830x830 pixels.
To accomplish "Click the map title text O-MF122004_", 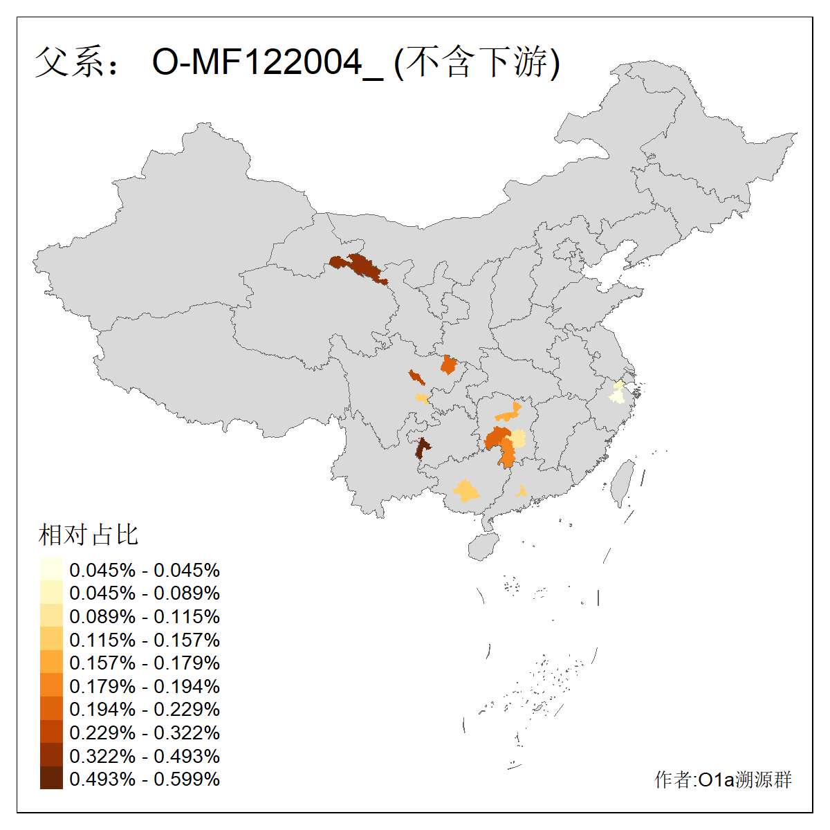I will click(x=266, y=63).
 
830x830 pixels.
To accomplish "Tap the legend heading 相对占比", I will click(x=89, y=535).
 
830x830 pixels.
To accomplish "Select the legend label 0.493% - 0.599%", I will click(x=145, y=780).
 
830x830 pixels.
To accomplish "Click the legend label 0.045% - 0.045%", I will click(x=145, y=571).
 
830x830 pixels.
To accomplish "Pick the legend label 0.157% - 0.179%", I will click(x=145, y=663).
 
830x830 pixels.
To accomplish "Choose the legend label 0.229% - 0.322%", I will click(x=145, y=733).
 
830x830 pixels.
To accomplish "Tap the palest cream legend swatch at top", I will click(x=51, y=569).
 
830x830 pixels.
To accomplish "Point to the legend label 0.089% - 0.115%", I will click(x=145, y=617).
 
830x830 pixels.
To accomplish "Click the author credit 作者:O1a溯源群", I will click(x=723, y=780).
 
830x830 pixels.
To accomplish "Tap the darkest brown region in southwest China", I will click(x=421, y=448).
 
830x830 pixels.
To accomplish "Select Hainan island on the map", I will click(x=483, y=546).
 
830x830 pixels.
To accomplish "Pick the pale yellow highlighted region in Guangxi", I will click(x=465, y=491).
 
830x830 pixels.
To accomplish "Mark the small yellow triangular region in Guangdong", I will click(x=522, y=492).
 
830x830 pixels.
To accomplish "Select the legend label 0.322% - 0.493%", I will click(x=145, y=756).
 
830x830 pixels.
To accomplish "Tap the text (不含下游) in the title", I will click(x=477, y=63).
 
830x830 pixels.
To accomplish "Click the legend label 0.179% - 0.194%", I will click(x=145, y=687).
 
